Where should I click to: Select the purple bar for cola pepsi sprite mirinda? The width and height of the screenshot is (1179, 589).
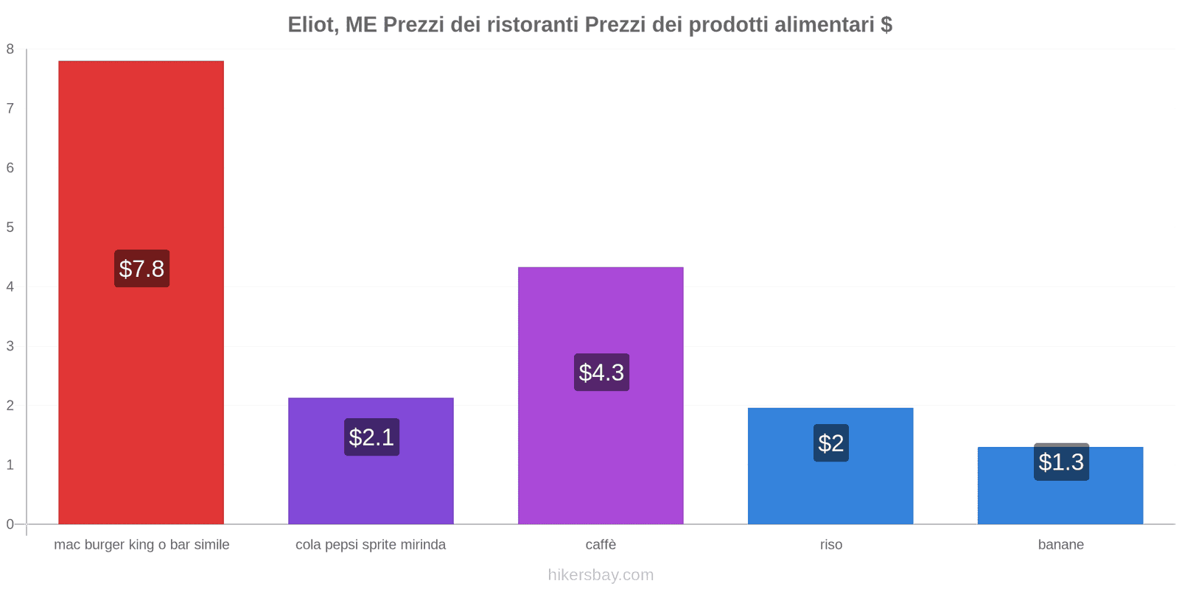tap(371, 486)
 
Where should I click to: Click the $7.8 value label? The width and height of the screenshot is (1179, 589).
tap(141, 269)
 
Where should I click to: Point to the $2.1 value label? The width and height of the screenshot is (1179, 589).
tap(371, 437)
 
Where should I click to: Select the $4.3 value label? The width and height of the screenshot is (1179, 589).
tap(601, 373)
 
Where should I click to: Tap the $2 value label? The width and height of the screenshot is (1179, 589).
tap(830, 443)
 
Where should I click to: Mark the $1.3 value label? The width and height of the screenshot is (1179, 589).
tap(1061, 462)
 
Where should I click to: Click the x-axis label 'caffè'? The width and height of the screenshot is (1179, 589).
tap(601, 545)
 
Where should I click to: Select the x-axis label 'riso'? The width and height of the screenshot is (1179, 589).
tap(830, 545)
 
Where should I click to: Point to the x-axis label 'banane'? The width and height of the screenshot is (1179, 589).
tap(1060, 545)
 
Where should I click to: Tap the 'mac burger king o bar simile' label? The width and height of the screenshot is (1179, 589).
tap(141, 545)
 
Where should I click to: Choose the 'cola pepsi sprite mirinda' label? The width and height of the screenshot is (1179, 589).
tap(371, 545)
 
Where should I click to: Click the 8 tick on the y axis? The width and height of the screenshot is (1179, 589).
tap(10, 49)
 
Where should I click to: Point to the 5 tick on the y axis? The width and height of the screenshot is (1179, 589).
tap(10, 228)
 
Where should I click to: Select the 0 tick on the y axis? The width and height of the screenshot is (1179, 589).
tap(10, 524)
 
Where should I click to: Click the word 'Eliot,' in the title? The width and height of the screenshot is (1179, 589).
tap(313, 25)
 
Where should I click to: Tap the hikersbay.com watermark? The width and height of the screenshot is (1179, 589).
tap(601, 575)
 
